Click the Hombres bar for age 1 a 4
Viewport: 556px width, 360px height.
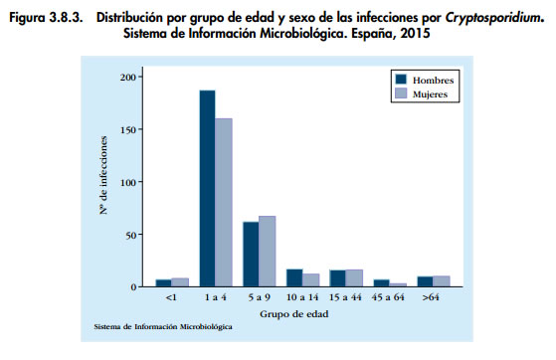pyautogui.click(x=207, y=189)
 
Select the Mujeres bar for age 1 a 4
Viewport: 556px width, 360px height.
pyautogui.click(x=223, y=203)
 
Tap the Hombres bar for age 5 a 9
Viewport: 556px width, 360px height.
pyautogui.click(x=251, y=255)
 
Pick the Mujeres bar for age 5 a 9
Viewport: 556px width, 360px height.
pyautogui.click(x=267, y=252)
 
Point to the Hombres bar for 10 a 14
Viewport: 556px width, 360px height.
pyautogui.click(x=294, y=277)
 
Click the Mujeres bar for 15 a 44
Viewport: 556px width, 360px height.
pyautogui.click(x=354, y=278)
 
